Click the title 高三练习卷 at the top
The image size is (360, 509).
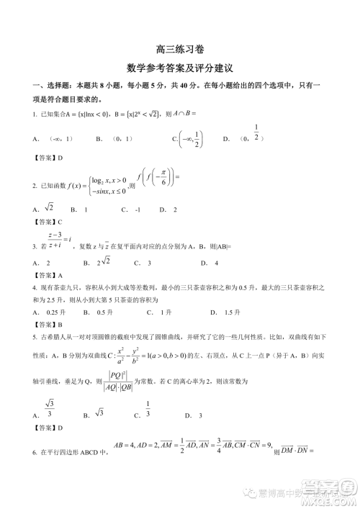coord(180,50)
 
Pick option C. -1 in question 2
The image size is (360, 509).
coord(130,210)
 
